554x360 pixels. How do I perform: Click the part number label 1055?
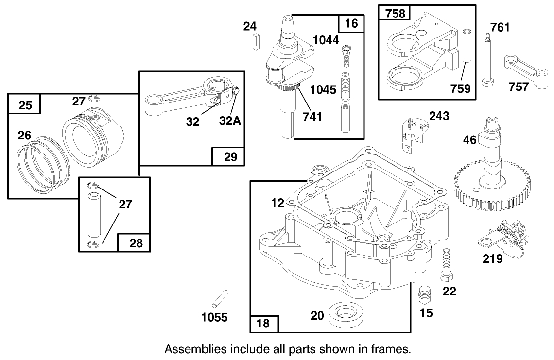coord(214,317)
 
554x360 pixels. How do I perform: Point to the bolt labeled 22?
coord(447,265)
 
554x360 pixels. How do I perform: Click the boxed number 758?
coord(395,14)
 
